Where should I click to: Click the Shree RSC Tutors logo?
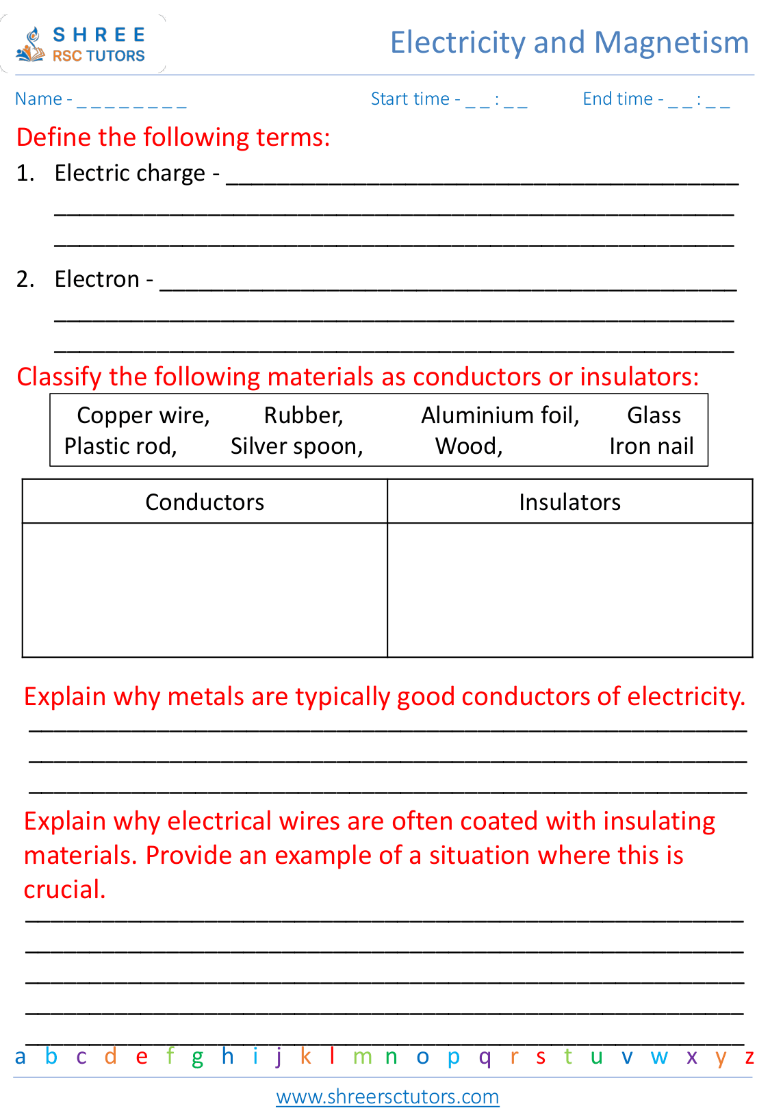point(81,44)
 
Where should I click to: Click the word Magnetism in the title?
point(671,42)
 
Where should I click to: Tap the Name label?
point(38,99)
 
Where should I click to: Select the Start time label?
point(409,99)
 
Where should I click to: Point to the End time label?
point(617,99)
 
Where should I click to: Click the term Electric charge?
point(129,173)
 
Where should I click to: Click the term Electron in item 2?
point(97,279)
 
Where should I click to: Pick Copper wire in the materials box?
point(142,415)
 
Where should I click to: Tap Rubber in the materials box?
point(303,415)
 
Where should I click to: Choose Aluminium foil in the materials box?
point(500,415)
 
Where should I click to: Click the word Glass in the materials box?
point(654,415)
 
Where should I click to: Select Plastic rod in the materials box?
point(120,446)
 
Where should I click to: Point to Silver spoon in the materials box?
point(296,446)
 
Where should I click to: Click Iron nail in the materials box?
point(651,446)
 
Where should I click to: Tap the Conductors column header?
point(205,502)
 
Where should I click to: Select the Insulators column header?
point(569,502)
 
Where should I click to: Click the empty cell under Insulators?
point(569,589)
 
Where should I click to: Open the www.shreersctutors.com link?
point(387,1097)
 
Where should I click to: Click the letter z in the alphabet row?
point(749,1057)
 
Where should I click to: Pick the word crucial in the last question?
point(64,890)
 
